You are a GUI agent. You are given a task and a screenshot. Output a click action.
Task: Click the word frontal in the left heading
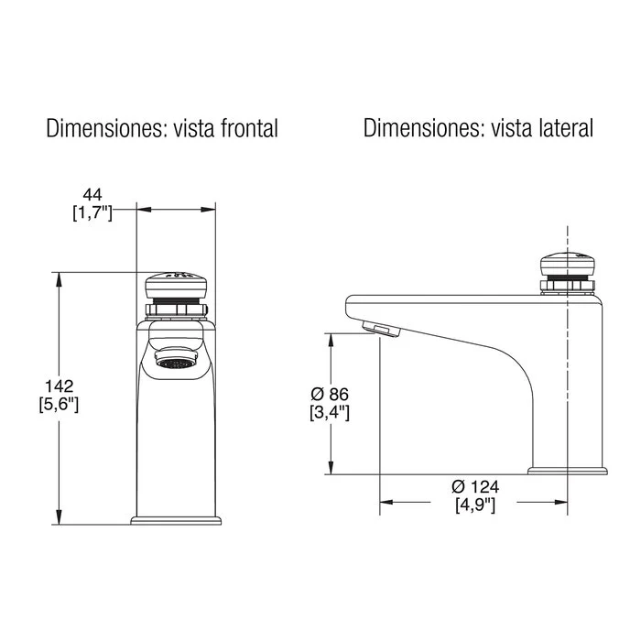(249, 128)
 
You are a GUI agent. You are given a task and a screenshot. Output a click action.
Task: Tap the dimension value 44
(92, 194)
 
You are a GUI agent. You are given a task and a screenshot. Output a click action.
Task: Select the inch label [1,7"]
(92, 212)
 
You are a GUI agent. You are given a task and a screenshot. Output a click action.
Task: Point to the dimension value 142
(60, 386)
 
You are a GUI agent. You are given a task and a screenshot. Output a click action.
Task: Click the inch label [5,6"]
(59, 405)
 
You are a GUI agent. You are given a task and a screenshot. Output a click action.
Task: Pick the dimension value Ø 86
(330, 395)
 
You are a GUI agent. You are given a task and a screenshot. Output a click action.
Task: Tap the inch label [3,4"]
(330, 413)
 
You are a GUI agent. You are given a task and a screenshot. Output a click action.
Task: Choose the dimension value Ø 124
(475, 487)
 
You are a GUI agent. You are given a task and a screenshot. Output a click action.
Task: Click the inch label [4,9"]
(475, 505)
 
